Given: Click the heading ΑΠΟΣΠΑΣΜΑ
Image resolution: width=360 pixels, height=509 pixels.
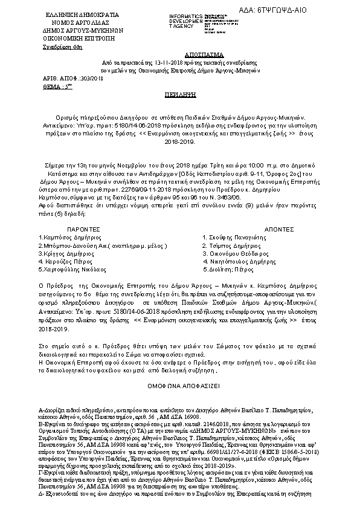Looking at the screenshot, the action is click(x=179, y=54).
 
